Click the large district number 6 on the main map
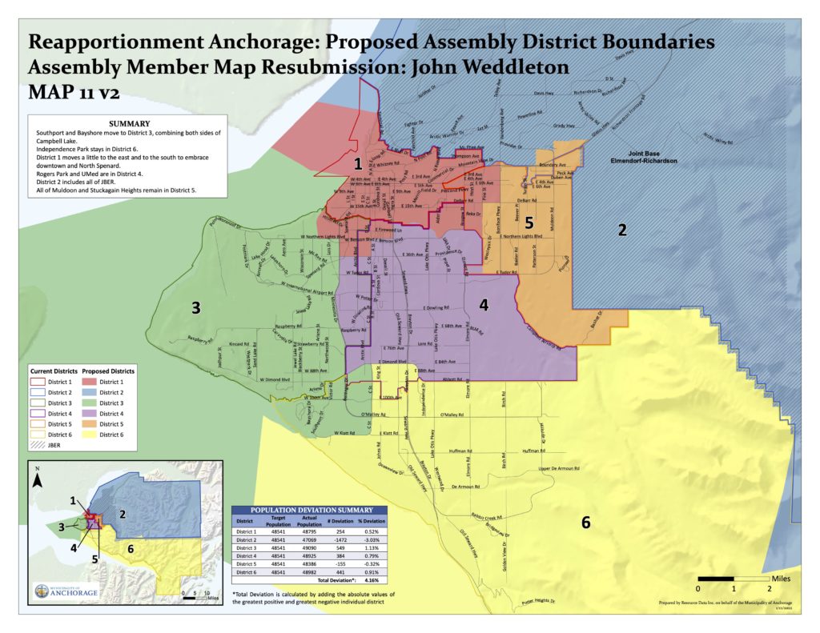tap(585, 523)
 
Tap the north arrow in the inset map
tap(38, 481)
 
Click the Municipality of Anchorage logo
tap(68, 591)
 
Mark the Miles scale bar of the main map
tap(734, 577)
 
